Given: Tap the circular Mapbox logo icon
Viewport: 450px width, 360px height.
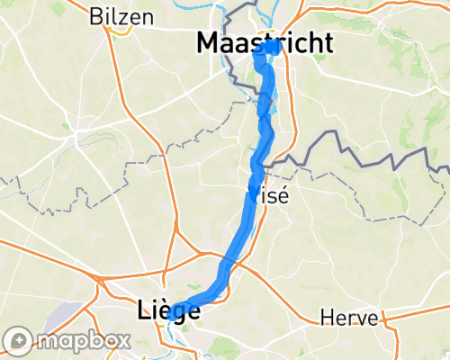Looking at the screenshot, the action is (17, 340).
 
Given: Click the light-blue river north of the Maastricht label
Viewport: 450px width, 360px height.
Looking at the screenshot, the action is (262, 11).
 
